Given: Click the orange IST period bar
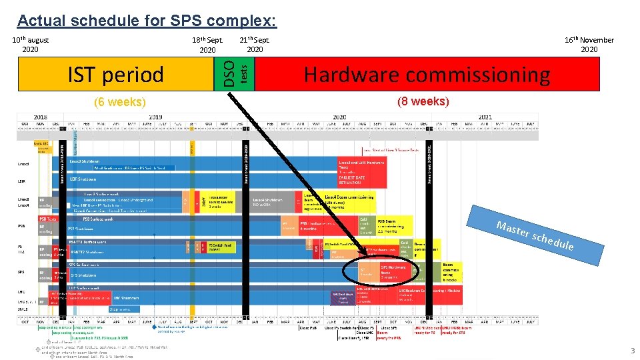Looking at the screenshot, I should [x=117, y=74].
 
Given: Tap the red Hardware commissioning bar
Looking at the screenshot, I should [x=427, y=74].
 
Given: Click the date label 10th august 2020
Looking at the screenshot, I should [x=31, y=45].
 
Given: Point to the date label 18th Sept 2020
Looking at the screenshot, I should [x=207, y=45].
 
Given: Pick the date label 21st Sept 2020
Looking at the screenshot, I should [x=255, y=45].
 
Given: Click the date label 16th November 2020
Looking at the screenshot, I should [x=589, y=45].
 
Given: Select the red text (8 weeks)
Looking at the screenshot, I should [x=423, y=102].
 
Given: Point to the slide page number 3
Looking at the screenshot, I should [x=633, y=351].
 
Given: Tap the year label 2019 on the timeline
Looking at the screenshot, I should [x=155, y=116].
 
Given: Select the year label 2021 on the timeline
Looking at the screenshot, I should [x=484, y=116].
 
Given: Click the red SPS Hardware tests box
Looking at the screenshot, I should [x=393, y=272].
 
